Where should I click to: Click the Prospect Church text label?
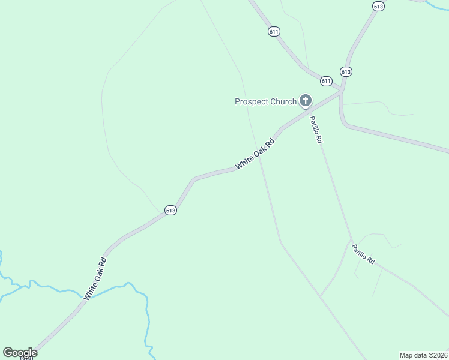pos(265,101)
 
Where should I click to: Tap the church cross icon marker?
pos(305,100)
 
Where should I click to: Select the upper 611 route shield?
pos(274,31)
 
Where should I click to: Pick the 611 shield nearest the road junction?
pos(326,81)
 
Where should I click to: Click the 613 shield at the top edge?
pos(378,6)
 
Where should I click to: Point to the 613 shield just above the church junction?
pos(345,71)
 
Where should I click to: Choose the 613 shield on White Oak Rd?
pos(170,210)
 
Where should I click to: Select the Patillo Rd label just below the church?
pos(316,130)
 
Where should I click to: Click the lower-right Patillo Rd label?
pos(363,254)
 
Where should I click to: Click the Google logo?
pos(20,352)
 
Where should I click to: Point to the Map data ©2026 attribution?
pos(423,355)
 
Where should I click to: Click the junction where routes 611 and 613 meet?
pos(340,90)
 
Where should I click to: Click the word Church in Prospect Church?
pos(283,101)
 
